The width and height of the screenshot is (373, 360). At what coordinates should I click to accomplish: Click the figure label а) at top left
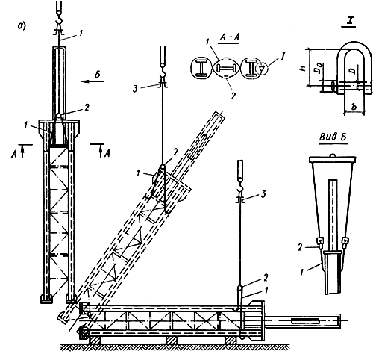click(22, 26)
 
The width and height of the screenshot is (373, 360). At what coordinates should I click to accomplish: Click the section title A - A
click(230, 37)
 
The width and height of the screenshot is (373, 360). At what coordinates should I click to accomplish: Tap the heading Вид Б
click(333, 137)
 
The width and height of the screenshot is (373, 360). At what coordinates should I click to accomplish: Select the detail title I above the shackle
click(350, 21)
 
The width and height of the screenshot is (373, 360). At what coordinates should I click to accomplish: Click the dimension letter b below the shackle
click(354, 107)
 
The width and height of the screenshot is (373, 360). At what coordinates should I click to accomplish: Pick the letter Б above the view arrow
click(98, 75)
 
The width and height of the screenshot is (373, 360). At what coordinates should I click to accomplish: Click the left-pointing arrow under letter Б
click(93, 81)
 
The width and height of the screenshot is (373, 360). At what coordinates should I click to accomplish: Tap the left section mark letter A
click(13, 155)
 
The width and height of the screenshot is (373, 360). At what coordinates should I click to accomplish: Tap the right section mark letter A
click(107, 154)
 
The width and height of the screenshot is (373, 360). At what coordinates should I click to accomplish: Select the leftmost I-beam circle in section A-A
click(201, 68)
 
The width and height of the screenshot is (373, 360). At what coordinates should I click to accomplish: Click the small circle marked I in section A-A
click(262, 68)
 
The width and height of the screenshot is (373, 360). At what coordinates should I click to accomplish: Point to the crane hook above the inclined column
click(163, 72)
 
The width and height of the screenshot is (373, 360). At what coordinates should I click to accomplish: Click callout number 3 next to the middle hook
click(135, 89)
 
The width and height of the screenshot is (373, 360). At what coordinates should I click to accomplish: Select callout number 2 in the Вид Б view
click(301, 247)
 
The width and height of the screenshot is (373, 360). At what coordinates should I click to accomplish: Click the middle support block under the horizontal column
click(171, 340)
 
